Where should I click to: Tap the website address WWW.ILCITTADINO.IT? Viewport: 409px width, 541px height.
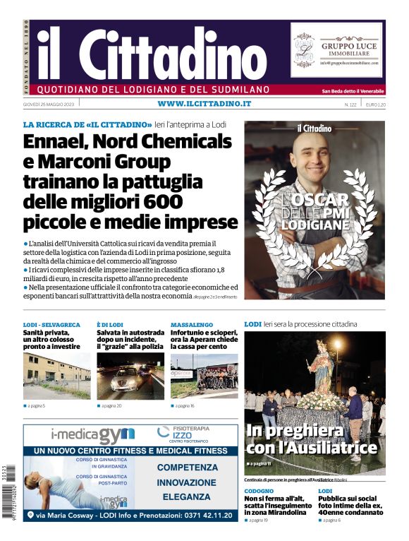point(204,104)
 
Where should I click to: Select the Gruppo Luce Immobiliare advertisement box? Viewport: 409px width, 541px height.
point(336,50)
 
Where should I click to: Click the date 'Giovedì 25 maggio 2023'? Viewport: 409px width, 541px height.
point(51,105)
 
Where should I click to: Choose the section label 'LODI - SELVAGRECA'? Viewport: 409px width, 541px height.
point(51,324)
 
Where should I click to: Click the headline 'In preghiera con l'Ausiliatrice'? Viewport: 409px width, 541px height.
point(311,439)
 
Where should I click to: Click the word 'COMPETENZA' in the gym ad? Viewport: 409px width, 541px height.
point(187,467)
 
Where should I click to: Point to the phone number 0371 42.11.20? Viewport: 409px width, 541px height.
point(199,516)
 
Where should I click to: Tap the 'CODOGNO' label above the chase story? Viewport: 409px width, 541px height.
point(259,490)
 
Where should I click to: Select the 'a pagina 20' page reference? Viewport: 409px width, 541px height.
point(111,406)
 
